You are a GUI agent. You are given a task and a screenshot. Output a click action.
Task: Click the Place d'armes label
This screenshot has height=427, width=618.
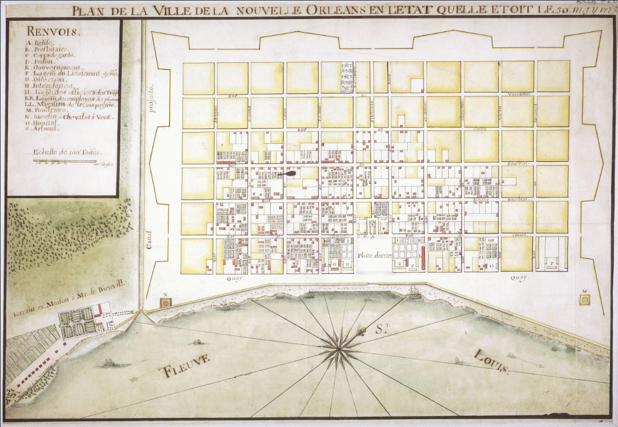coord(374,256)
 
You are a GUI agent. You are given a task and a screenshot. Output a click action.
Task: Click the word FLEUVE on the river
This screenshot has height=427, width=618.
coord(186,366)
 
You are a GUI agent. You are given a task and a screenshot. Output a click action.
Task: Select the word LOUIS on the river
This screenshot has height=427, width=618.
coord(492,362)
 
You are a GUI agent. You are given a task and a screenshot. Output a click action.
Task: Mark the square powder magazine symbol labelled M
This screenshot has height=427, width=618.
coord(584,300)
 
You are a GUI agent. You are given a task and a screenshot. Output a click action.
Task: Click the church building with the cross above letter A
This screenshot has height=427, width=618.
coord(372,226)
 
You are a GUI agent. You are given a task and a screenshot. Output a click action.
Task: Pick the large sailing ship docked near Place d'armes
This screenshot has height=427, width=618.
coord(414,291)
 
